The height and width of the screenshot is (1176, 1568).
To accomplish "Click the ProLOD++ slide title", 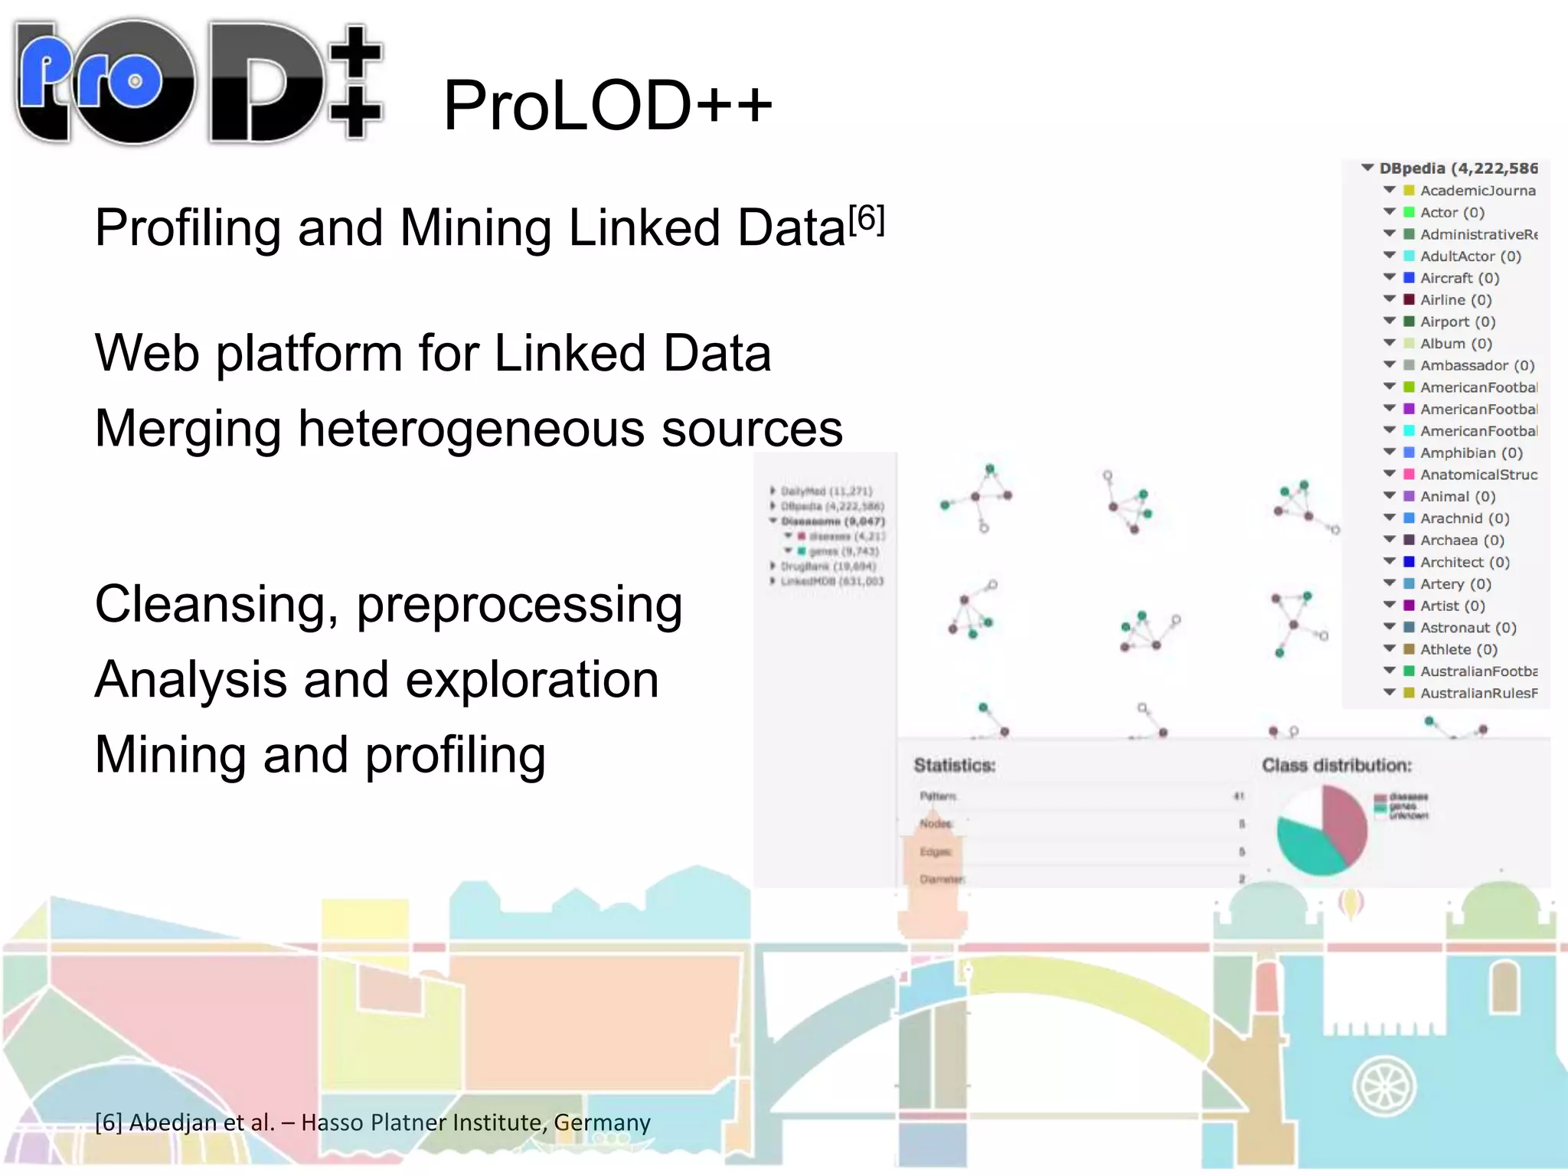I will tap(607, 106).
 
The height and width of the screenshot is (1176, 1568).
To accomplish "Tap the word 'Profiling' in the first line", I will tap(188, 228).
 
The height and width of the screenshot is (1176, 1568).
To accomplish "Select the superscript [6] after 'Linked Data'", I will tap(867, 219).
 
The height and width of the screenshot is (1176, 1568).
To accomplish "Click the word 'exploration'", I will tap(531, 680).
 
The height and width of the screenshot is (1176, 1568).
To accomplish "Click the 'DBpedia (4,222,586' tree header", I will tap(1458, 168).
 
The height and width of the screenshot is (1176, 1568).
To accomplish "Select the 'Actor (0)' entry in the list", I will tap(1452, 212).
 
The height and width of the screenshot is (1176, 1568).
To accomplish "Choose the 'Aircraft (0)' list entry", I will tap(1459, 278).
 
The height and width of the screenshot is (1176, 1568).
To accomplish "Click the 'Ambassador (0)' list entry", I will tap(1477, 365).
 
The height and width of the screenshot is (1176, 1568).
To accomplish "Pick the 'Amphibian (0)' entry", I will tap(1471, 452).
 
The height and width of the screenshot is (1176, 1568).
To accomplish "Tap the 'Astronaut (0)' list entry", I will tap(1468, 627).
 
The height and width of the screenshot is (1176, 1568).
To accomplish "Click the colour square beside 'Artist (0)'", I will tap(1409, 605).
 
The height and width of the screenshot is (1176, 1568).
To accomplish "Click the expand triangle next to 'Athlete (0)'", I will tap(1390, 648).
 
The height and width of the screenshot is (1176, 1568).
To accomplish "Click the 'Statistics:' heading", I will tap(954, 765).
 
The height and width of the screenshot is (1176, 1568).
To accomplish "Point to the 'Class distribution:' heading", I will tap(1336, 765).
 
